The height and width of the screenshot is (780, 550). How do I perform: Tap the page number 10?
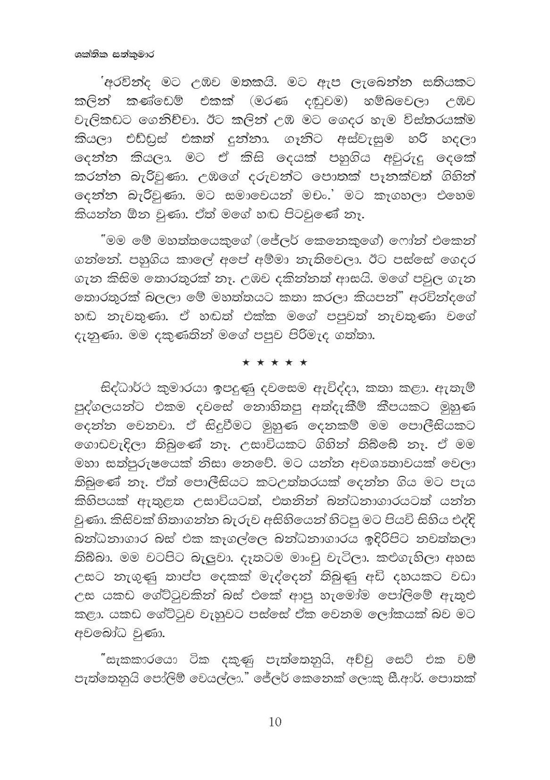(275, 721)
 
